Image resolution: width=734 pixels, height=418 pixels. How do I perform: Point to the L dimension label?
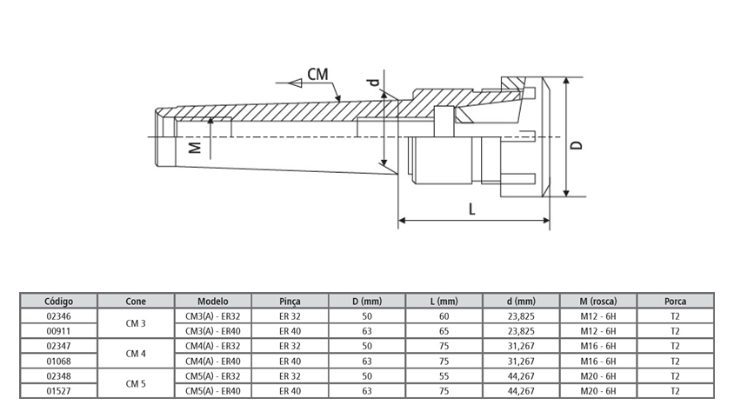pos(471,209)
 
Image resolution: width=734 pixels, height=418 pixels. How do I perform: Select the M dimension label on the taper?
pos(196,147)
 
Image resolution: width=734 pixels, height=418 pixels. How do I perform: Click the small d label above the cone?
pos(373,84)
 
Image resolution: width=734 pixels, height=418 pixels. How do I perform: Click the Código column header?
pos(58,302)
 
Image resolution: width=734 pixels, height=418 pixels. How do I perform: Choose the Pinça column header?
pos(290,302)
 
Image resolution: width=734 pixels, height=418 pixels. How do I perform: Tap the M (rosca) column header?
pos(598,302)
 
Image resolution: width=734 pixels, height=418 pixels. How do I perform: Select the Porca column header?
pos(675,302)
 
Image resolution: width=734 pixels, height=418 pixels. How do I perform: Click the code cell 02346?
pos(58,316)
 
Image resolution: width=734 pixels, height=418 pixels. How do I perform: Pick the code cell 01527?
pos(58,391)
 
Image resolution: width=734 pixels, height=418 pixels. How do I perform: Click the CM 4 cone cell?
pos(136,354)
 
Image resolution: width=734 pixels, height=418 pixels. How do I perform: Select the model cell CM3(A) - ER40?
pos(213,331)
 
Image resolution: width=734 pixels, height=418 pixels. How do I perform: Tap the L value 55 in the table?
pos(444,376)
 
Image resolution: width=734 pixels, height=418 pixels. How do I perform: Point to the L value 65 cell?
pos(444,331)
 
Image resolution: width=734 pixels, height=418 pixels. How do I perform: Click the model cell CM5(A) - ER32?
pos(213,376)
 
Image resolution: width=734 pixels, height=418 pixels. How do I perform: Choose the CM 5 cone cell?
pos(136,383)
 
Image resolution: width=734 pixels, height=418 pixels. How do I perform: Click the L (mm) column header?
pos(444,302)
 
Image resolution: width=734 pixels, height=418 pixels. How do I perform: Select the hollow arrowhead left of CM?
pos(296,82)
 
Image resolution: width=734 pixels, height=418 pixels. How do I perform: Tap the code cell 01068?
pos(58,361)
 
